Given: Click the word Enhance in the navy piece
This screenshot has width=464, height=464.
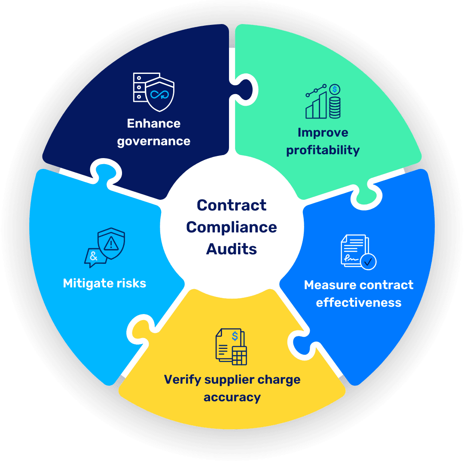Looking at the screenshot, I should pos(153,124).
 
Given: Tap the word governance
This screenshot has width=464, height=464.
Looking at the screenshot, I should pos(153,141).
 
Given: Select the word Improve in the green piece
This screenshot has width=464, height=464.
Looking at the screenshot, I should pos(323,133).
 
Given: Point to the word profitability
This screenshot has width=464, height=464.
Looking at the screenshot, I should pos(323,150).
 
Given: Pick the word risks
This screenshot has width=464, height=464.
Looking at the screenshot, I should pos(131,284).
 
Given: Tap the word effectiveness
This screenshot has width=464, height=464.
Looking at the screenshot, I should pos(358,302).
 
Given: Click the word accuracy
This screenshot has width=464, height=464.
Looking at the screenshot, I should pos(232,397).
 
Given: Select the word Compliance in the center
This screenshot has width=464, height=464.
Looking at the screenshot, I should pos(232,227).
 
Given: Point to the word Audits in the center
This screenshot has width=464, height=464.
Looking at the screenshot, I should pos(232,249).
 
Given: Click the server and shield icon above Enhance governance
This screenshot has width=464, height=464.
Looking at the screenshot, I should pos(153,92).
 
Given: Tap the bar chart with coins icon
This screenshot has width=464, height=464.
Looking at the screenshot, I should pos(323,101).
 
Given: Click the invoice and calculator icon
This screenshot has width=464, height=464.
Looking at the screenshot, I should pos(231,346).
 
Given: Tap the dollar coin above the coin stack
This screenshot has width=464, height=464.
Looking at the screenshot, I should pos(335,89).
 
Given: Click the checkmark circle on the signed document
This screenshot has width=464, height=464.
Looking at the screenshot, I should pos(368,261).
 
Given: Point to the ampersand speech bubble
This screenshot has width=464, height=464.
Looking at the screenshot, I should pos(94,257).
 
